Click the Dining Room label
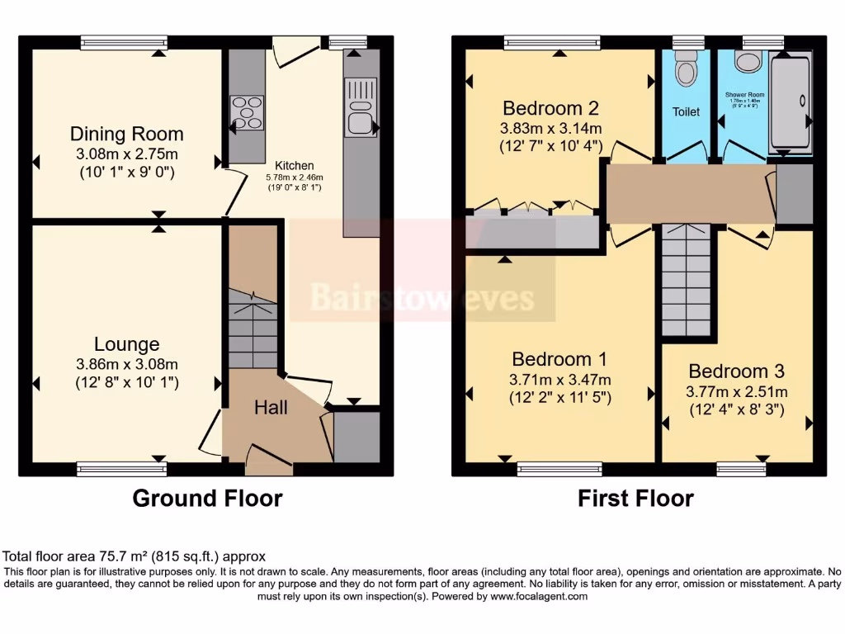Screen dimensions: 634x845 pos(126,134)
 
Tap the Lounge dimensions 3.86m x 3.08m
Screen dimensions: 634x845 pos(126,364)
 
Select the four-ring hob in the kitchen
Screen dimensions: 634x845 pos(248,113)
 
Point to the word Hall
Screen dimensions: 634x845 pos(271,407)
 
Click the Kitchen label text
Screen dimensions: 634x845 pos(294,165)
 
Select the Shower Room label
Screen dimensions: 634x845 pos(744,95)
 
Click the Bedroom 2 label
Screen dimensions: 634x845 pos(550,108)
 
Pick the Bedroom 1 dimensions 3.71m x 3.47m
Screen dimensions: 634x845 pos(560,380)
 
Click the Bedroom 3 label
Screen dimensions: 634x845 pos(736,371)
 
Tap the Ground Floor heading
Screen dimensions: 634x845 pos(207,499)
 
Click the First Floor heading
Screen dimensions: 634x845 pos(635,499)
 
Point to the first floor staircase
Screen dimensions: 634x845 pos(687,281)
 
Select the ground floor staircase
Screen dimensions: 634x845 pos(253,330)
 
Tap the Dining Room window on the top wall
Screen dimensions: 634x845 pos(124,42)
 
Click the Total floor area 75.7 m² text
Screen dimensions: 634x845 pos(135,556)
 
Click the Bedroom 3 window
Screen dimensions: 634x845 pos(741,469)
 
